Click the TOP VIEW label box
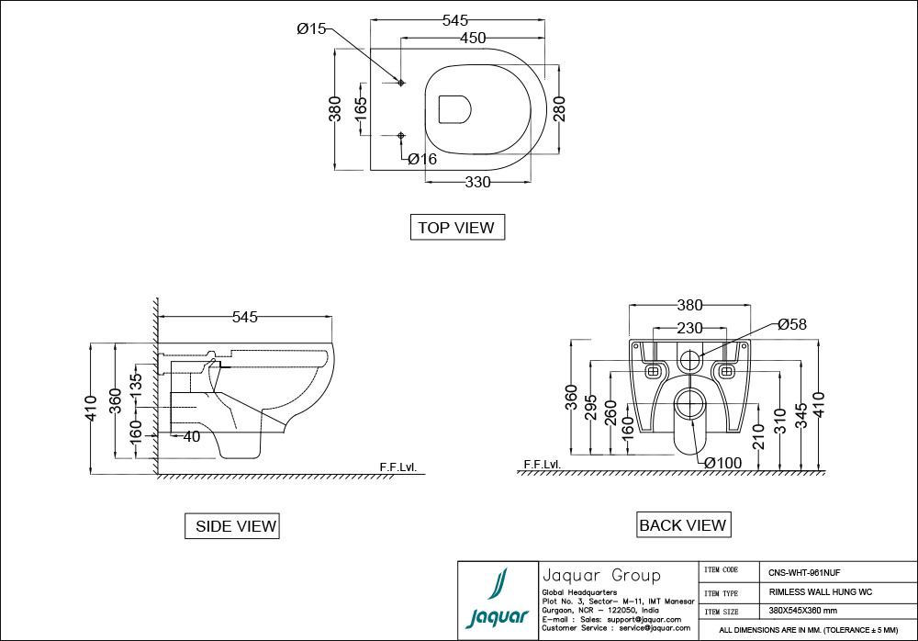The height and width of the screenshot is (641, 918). [x=456, y=227]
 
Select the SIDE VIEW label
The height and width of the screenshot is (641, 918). [x=231, y=526]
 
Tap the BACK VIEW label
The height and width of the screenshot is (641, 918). [x=682, y=525]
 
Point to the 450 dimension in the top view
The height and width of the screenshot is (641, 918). [x=473, y=38]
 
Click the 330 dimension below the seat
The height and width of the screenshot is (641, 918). [x=477, y=182]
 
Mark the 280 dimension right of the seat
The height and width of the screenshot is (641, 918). [x=558, y=108]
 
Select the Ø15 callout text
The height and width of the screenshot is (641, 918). [x=311, y=29]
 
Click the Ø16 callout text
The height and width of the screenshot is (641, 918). [x=421, y=159]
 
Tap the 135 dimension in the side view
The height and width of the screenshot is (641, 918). [x=137, y=383]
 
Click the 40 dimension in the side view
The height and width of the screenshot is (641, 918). [x=191, y=436]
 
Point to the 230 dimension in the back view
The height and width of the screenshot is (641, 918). [x=689, y=328]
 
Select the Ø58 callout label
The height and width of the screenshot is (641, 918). [x=791, y=324]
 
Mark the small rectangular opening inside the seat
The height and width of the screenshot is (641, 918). [x=454, y=109]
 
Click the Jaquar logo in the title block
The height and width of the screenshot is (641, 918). [x=497, y=601]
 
